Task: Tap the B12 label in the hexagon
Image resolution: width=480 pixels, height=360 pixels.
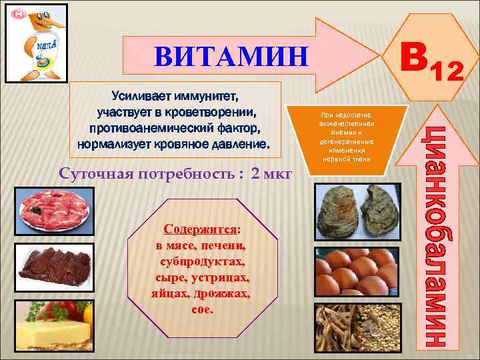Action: (x=429, y=63)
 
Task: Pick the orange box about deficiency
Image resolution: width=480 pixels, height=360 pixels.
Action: (x=343, y=137)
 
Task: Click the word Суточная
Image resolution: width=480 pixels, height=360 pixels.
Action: (x=93, y=175)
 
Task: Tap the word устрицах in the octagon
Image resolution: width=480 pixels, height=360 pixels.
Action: (x=223, y=277)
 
